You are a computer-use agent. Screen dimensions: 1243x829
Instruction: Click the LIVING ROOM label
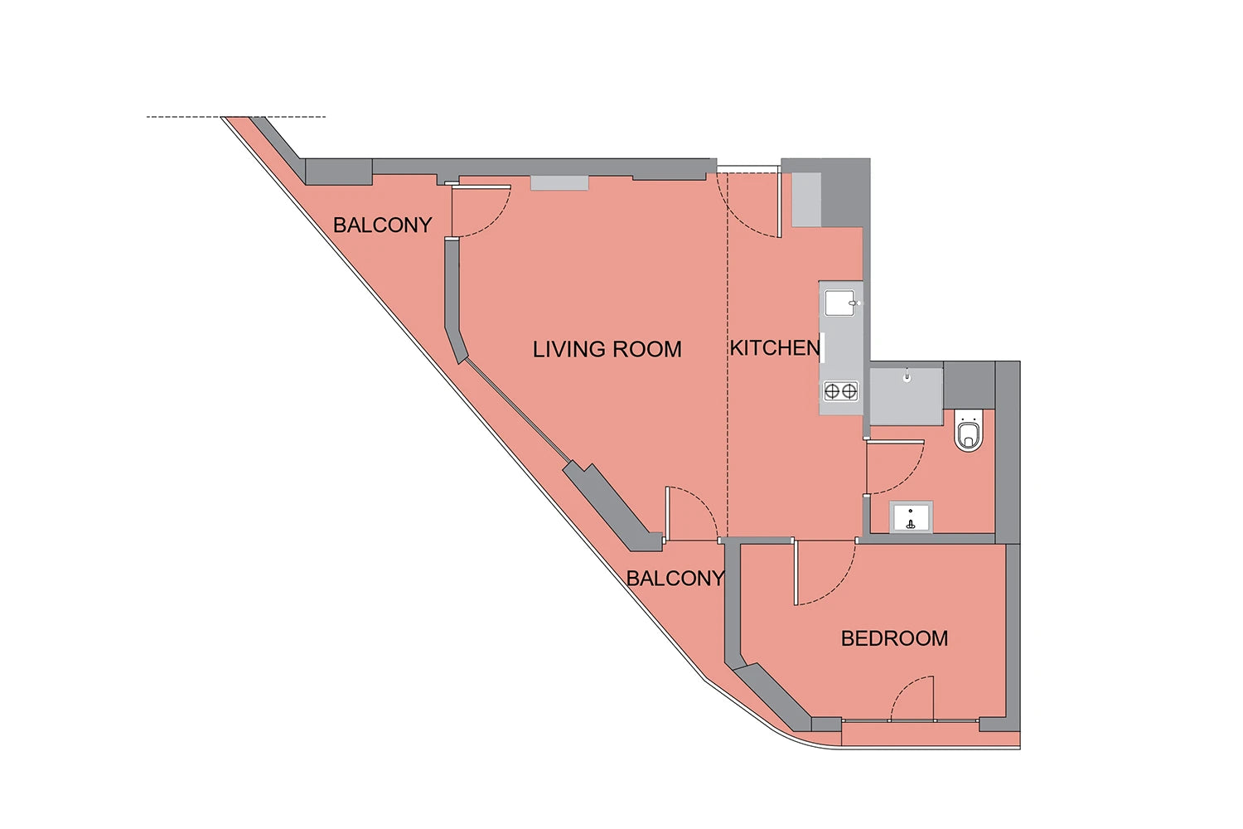point(607,349)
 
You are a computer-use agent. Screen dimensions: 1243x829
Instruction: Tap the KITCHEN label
point(775,348)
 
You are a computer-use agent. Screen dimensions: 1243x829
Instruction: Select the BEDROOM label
point(894,638)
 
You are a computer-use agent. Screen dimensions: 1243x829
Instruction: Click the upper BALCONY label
point(382,225)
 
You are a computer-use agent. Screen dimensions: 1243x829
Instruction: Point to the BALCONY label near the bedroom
point(675,579)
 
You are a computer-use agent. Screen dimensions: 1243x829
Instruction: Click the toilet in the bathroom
point(969,431)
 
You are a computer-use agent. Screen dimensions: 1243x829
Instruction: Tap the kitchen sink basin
point(840,303)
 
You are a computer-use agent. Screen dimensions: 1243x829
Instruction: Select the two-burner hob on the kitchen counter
point(841,391)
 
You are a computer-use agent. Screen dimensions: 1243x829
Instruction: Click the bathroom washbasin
point(911,517)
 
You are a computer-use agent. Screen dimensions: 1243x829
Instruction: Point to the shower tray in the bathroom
point(907,396)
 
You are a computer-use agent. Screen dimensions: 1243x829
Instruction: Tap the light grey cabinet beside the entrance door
point(805,199)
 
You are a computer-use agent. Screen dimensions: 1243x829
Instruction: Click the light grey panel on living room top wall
point(559,183)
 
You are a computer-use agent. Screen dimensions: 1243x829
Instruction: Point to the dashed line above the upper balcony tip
point(236,117)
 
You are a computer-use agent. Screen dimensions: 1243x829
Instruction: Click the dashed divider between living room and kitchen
point(728,356)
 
